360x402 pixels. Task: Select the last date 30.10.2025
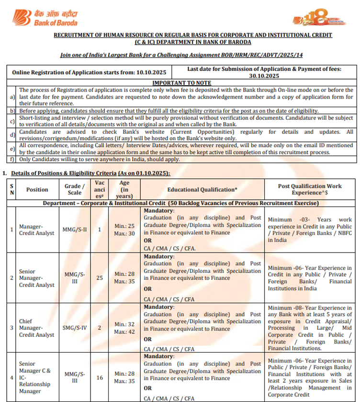coord(264,76)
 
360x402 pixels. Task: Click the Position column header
coord(37,189)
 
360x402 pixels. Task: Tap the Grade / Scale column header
coord(74,189)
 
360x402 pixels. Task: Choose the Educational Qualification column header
coord(202,189)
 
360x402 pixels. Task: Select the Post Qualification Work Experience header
coord(310,189)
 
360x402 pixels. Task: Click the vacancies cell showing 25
coord(100,277)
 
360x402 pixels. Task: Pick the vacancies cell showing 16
coord(100,378)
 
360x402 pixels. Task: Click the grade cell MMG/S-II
coord(74,230)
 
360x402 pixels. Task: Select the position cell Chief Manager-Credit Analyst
coord(37,328)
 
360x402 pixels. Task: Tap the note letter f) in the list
coord(12,159)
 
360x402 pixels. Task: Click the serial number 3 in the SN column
coord(12,328)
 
